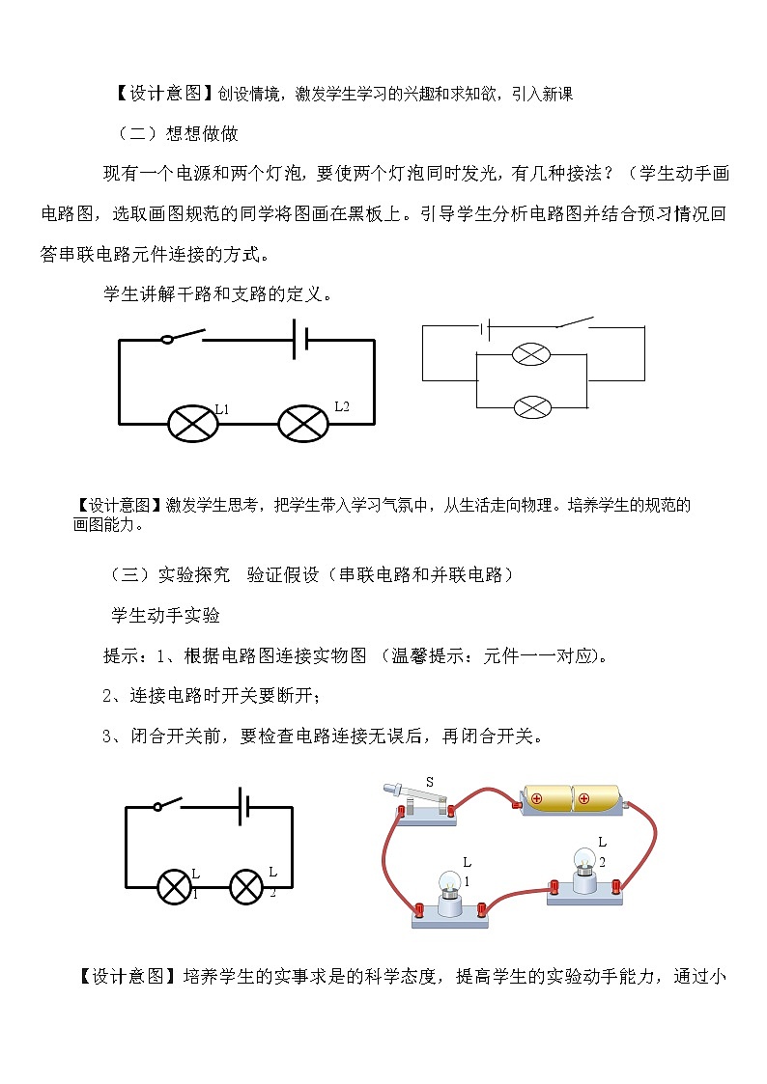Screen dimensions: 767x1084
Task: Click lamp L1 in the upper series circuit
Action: coord(191,423)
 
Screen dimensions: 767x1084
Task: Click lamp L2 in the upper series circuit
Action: coord(303,423)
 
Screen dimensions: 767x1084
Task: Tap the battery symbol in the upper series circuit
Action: coord(300,340)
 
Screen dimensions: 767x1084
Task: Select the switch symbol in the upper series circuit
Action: coord(184,337)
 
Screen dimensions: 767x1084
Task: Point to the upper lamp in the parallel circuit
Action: coord(531,354)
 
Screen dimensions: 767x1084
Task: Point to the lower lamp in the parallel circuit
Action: coord(531,406)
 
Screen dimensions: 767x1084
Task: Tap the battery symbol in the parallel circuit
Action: coord(487,328)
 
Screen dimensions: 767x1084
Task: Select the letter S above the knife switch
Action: coord(431,782)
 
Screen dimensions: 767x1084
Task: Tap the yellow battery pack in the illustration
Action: coord(571,799)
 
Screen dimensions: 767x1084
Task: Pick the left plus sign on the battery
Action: coord(537,798)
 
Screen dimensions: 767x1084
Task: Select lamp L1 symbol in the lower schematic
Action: coord(175,886)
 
